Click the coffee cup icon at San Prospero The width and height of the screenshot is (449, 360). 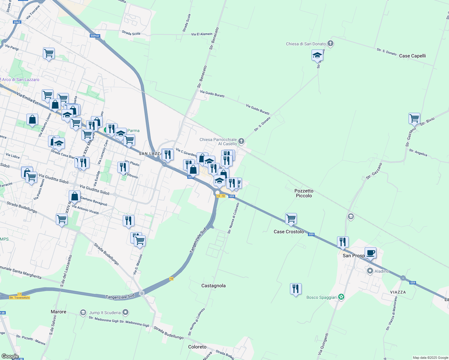point(370,253)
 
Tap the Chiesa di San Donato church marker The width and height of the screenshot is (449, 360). point(330,44)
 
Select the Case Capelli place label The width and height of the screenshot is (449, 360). point(412,56)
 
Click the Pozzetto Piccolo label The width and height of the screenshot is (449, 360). point(304,193)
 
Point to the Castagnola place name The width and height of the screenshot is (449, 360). point(213,286)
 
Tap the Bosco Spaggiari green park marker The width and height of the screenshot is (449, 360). point(341,297)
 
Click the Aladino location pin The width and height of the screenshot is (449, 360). point(370,271)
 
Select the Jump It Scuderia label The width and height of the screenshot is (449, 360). point(105,313)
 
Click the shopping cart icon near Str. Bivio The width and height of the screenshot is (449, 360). point(414,118)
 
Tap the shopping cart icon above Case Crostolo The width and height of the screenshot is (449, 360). point(291,219)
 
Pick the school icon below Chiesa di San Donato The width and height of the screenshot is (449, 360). point(317,55)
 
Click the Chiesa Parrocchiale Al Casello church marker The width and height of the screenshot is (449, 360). point(241,141)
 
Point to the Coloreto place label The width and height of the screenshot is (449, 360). point(197,347)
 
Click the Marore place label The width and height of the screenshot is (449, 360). point(59,312)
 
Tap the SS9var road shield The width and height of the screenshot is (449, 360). point(95,36)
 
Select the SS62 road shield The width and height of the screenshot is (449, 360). point(17,22)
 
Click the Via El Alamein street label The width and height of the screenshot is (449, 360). point(202,34)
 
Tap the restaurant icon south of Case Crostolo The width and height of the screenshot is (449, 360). point(296,289)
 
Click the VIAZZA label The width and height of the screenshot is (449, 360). point(398,292)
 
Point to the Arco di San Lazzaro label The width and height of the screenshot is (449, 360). point(20,79)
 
